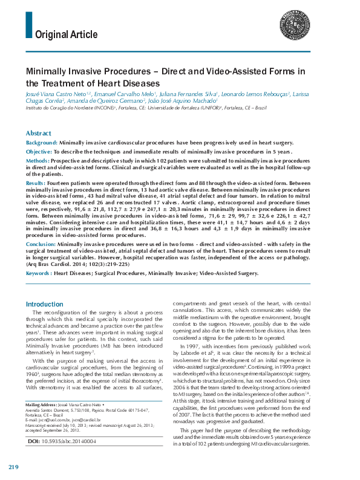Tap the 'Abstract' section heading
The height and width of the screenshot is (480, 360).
click(39, 133)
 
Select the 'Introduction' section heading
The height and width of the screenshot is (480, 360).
click(45, 304)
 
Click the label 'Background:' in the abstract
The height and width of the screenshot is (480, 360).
click(42, 143)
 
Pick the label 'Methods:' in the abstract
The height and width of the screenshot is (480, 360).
click(38, 161)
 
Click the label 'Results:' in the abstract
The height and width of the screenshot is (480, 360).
click(35, 182)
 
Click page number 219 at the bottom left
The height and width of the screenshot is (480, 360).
click(14, 467)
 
